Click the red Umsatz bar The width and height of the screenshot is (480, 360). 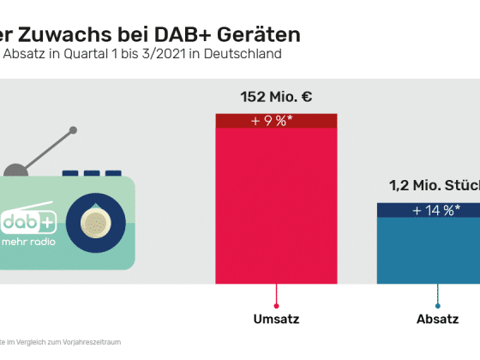click(x=276, y=206)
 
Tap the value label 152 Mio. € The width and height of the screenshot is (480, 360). click(x=276, y=96)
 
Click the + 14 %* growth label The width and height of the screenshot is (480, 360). click(x=435, y=210)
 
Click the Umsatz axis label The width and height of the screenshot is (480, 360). click(x=276, y=321)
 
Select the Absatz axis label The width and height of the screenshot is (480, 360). click(x=437, y=321)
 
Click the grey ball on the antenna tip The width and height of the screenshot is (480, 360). click(x=73, y=131)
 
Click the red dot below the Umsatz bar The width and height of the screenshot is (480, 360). click(x=276, y=305)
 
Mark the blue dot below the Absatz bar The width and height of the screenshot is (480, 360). click(x=437, y=305)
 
